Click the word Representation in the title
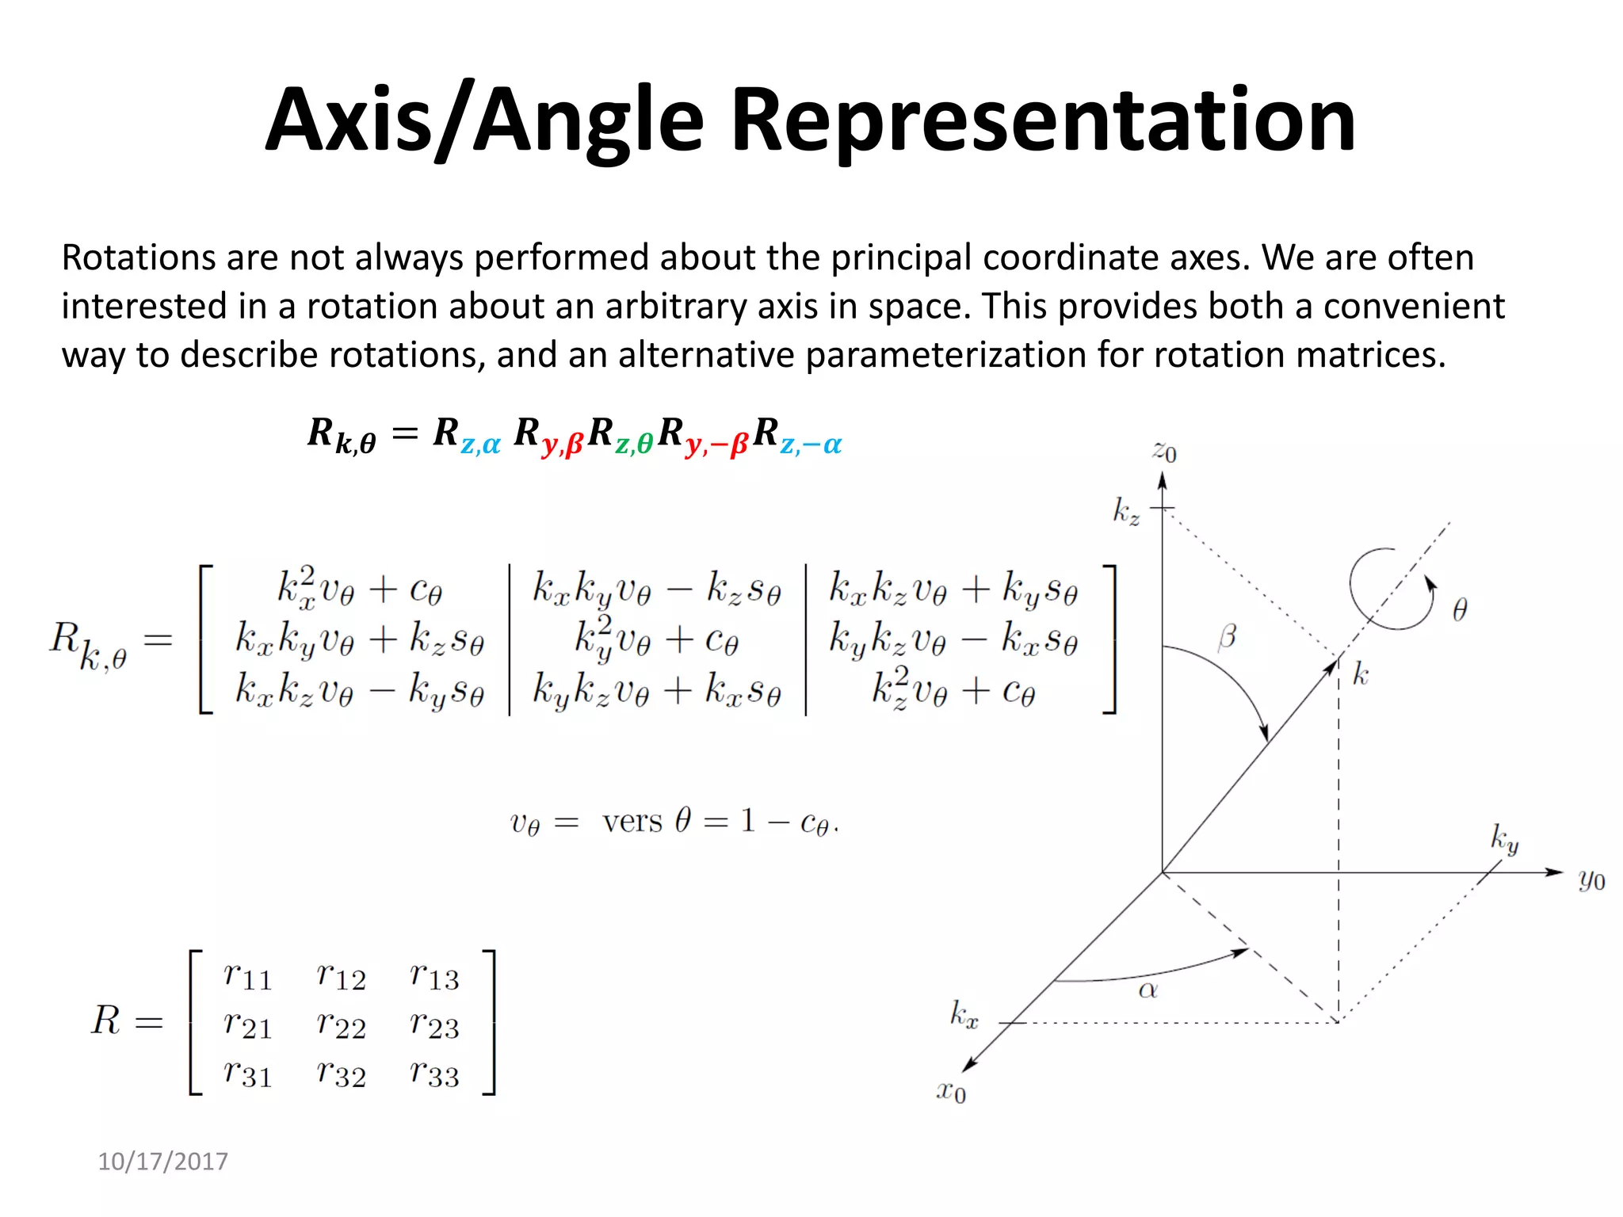coord(1043,120)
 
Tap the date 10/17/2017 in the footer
coord(162,1162)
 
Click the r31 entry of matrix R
coord(247,1074)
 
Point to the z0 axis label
coord(1164,452)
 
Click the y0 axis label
coord(1591,879)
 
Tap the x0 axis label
coord(951,1091)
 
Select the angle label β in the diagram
coord(1227,636)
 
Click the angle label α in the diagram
coord(1148,990)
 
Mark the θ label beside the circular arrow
coord(1460,608)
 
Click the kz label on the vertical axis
coord(1126,512)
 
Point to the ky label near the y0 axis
coord(1504,838)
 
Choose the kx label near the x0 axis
coord(964,1014)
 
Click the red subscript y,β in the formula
coord(563,446)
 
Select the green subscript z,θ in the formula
coord(634,445)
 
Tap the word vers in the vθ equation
coord(632,822)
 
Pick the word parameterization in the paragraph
coord(945,355)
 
